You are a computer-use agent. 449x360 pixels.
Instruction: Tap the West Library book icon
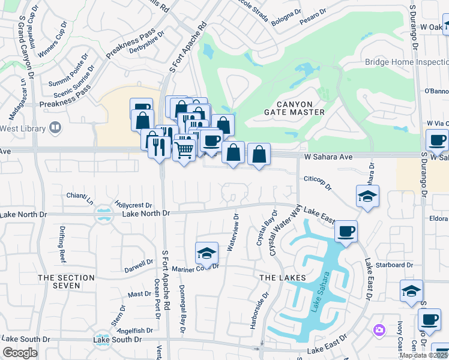55,128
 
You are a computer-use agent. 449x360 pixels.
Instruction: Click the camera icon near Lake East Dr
379,329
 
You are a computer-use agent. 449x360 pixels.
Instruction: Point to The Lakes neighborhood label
283,278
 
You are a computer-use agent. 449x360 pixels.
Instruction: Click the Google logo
20,353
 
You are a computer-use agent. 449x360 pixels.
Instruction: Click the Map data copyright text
424,355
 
